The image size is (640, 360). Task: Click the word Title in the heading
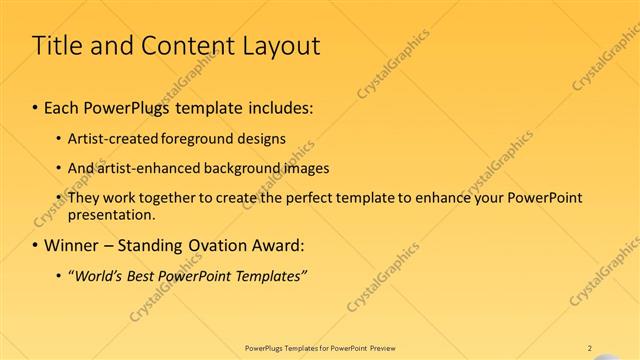point(58,46)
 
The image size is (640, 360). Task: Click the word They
point(84,198)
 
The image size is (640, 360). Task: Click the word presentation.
point(111,214)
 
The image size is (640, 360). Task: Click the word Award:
point(282,245)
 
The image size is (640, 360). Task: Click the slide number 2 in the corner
point(590,348)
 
